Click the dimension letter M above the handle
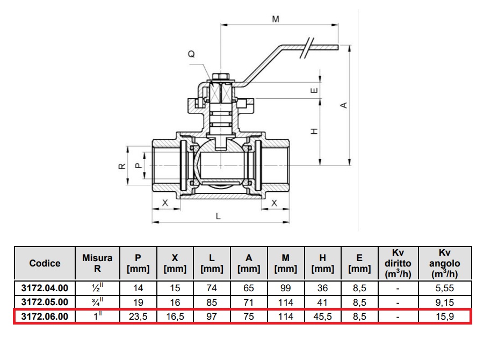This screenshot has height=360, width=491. (x=276, y=19)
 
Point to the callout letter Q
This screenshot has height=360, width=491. (x=191, y=54)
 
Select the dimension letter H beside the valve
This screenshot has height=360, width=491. (x=315, y=131)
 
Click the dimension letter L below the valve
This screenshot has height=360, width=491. (x=218, y=216)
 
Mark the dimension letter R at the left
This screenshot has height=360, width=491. (x=122, y=165)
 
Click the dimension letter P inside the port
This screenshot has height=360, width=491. (x=138, y=165)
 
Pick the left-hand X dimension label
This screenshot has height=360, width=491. (x=165, y=203)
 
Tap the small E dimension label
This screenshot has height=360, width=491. (x=315, y=90)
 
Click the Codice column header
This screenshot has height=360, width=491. (x=45, y=263)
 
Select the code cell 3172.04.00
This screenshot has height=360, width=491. (x=45, y=288)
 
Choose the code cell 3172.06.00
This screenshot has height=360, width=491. (x=45, y=316)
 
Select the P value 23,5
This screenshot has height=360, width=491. (x=138, y=316)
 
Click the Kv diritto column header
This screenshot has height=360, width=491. (x=398, y=263)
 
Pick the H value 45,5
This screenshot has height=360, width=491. (x=322, y=316)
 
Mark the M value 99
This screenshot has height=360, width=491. (x=286, y=288)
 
